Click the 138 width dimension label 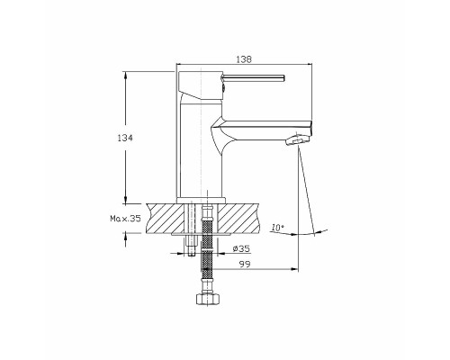[x=244, y=59]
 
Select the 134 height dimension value [x=125, y=138]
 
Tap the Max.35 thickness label [x=125, y=219]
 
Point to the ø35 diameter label [x=241, y=248]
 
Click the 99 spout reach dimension [x=245, y=264]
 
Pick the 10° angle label [x=277, y=228]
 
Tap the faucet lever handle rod [x=253, y=77]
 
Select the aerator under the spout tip [x=297, y=140]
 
